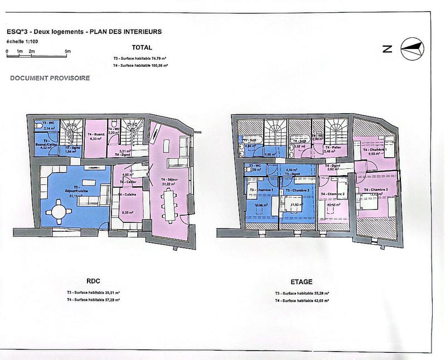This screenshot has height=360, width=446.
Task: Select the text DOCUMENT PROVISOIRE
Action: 50,79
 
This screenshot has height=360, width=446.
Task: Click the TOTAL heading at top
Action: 142,48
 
